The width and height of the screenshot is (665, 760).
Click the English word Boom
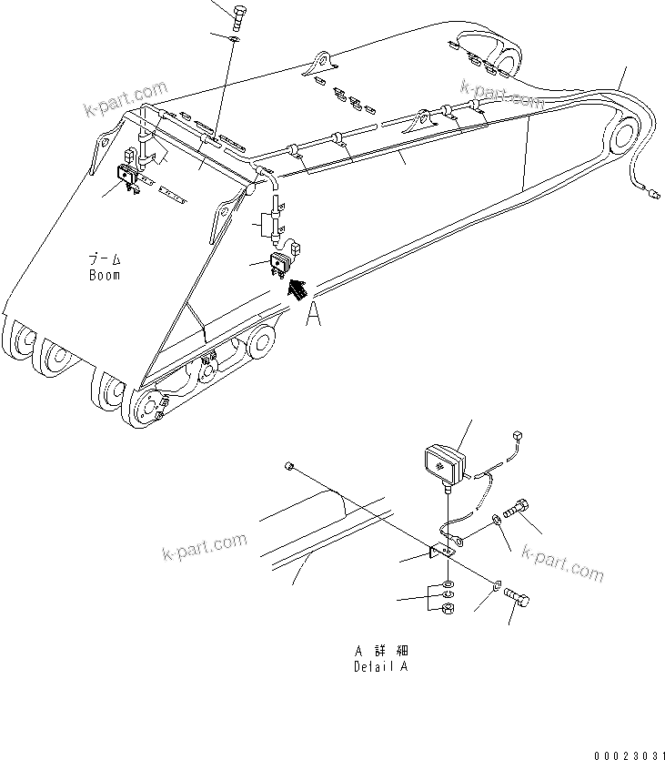[x=105, y=275]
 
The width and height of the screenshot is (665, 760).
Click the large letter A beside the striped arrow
[x=314, y=314]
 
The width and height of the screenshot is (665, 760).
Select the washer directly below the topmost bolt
[x=234, y=40]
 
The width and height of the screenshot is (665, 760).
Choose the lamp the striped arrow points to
[x=279, y=263]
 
